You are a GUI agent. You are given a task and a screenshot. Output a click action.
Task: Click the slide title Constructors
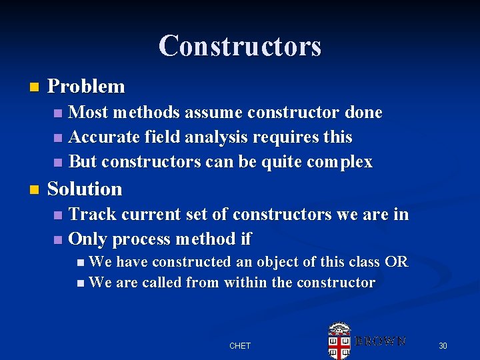[x=240, y=46]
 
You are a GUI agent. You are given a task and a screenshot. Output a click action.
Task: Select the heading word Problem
[x=86, y=87]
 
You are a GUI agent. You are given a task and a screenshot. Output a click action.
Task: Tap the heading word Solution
[x=85, y=189]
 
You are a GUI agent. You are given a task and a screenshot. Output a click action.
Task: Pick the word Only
[x=88, y=239]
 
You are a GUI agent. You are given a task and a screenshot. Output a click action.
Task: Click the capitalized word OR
[x=396, y=262]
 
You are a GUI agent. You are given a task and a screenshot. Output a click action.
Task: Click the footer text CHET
[x=240, y=346]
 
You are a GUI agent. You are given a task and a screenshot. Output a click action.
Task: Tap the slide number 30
[x=442, y=346]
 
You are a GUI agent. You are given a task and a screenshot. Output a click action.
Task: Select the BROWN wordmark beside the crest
[x=380, y=341]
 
